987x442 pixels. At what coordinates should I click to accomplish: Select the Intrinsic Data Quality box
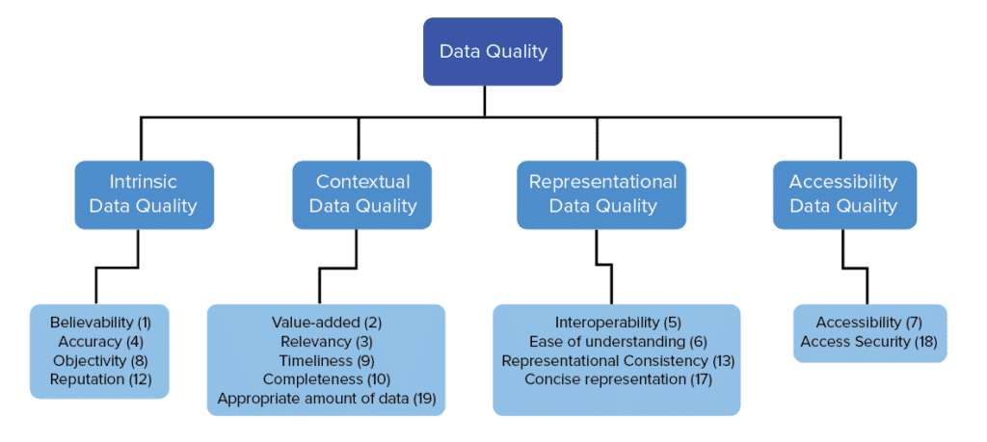click(144, 194)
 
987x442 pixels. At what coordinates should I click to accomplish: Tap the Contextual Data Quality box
click(362, 194)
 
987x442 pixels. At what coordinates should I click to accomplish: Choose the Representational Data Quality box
click(602, 194)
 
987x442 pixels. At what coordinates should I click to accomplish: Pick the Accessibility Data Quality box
click(843, 194)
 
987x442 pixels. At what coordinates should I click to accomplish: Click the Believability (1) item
click(100, 322)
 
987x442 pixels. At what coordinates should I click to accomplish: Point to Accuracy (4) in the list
click(100, 341)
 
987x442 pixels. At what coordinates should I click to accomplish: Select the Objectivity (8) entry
click(100, 360)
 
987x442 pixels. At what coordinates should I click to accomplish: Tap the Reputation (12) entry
click(100, 379)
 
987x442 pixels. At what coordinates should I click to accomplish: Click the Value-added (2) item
click(327, 322)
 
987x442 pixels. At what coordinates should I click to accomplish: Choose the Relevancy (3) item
click(327, 341)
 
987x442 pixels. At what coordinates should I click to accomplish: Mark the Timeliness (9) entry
click(327, 360)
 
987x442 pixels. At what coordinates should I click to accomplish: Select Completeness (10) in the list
click(327, 379)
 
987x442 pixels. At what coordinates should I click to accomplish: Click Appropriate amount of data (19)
click(327, 399)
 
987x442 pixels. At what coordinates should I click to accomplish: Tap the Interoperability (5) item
click(618, 322)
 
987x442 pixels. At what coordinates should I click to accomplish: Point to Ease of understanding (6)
click(618, 341)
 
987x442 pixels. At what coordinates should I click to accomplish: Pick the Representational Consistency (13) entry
click(618, 360)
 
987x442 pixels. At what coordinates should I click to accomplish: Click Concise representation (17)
click(618, 379)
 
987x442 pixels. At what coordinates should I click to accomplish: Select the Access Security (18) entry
click(869, 341)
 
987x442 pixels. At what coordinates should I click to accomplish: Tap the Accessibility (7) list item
click(869, 322)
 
